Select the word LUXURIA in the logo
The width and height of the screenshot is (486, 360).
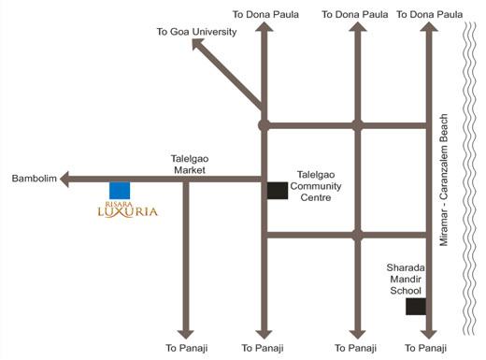[x=128, y=212]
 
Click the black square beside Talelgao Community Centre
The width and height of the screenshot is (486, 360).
[x=278, y=191]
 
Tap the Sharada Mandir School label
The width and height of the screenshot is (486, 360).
[x=407, y=279]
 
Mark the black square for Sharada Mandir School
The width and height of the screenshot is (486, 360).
[x=416, y=307]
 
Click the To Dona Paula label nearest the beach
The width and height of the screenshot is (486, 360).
[x=430, y=15]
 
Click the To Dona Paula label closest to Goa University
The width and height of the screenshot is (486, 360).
[x=264, y=15]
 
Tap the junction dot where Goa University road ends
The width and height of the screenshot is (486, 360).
[x=264, y=123]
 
